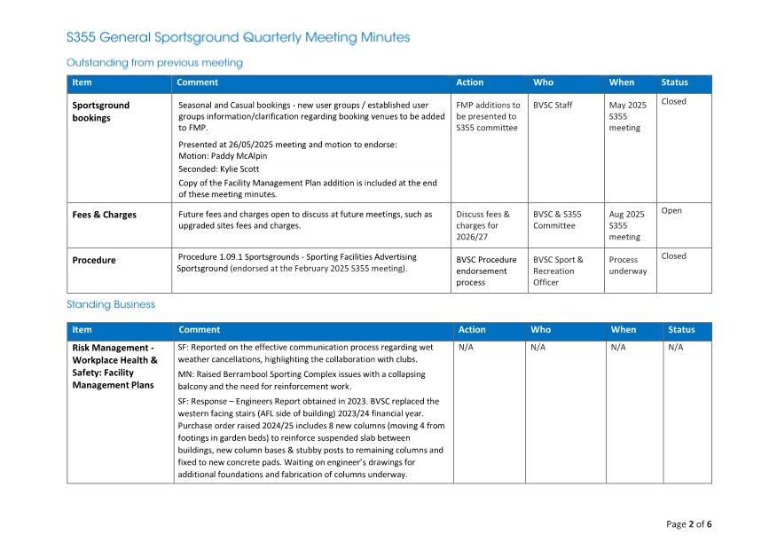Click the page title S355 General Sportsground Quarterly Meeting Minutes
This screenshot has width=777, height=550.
click(238, 37)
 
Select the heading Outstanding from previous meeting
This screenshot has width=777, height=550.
click(154, 63)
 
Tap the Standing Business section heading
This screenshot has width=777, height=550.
click(111, 304)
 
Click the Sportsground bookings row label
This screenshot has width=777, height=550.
click(101, 111)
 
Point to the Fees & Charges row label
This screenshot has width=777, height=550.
click(104, 215)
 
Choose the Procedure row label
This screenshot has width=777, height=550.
click(94, 260)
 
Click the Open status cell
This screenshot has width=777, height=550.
click(671, 211)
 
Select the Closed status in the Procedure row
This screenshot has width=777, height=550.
click(674, 256)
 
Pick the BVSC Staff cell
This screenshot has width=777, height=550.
click(553, 105)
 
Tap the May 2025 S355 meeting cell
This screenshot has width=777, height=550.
click(627, 116)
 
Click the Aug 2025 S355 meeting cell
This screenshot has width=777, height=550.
click(626, 225)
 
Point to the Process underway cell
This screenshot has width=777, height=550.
click(628, 265)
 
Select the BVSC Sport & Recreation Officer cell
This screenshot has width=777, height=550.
click(558, 271)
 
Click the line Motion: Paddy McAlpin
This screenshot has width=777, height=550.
click(223, 156)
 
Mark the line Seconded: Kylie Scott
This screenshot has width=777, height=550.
click(218, 169)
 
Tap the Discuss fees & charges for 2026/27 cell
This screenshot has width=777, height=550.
click(483, 225)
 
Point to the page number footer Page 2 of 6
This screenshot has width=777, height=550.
click(688, 524)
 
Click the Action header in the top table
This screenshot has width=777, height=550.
click(469, 82)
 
